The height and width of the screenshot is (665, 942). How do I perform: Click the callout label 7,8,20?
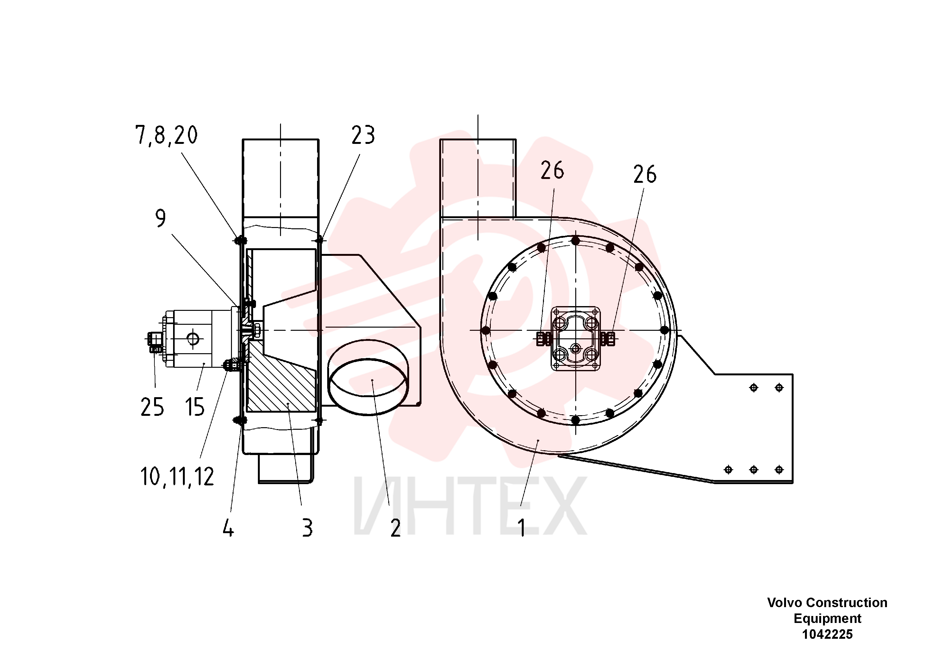click(166, 135)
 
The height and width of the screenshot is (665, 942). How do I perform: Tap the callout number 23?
click(363, 135)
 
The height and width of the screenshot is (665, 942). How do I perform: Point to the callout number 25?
click(152, 407)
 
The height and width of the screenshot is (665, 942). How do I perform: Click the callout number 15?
click(195, 407)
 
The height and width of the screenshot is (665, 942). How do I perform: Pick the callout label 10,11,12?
click(177, 477)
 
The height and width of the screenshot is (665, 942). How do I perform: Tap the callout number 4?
click(228, 528)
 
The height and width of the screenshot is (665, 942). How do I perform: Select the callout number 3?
click(308, 528)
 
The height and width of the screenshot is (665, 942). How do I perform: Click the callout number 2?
click(396, 528)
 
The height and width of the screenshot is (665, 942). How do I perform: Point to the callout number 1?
click(522, 528)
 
